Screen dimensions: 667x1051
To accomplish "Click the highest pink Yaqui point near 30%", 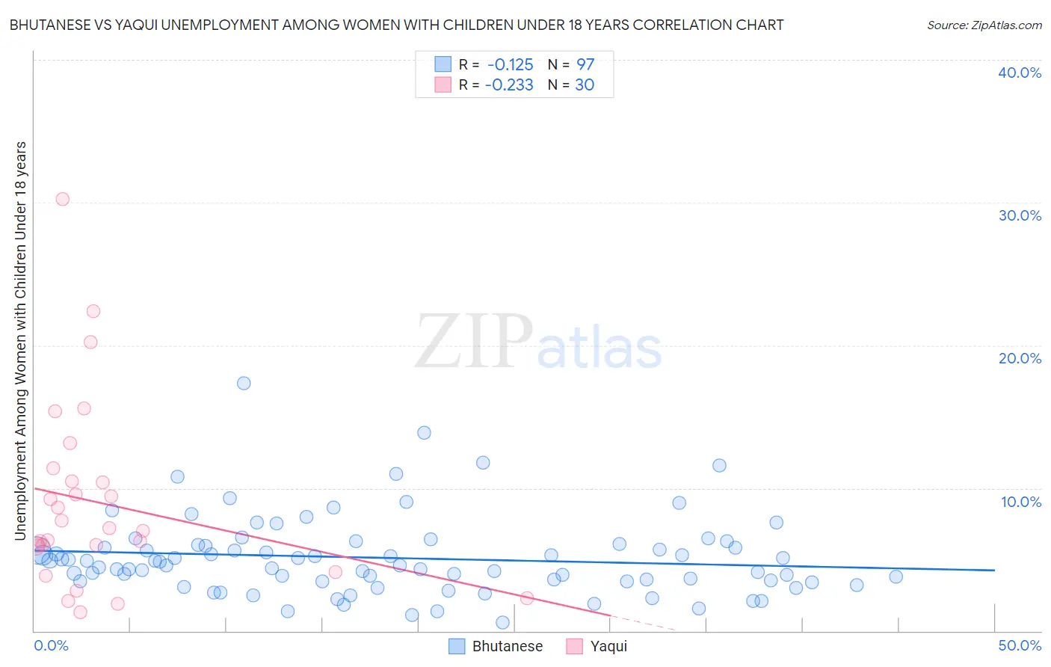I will click(63, 199).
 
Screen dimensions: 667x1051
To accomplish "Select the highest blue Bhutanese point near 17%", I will click(244, 383).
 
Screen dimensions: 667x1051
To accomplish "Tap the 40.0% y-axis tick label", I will click(1020, 73).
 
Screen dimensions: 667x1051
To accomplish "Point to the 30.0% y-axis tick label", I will click(1020, 215).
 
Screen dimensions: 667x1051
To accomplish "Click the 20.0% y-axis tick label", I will click(1020, 358).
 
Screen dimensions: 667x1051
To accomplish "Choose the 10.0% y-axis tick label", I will click(1021, 502).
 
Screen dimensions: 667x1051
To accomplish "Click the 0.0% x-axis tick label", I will click(51, 645).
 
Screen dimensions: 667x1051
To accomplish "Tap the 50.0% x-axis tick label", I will click(1020, 645).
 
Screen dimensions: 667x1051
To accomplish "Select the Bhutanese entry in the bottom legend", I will click(507, 646).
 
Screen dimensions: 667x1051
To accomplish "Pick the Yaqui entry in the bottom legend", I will click(608, 646).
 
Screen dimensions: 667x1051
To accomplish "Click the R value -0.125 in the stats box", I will click(510, 65).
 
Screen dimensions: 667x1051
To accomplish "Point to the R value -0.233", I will click(509, 85).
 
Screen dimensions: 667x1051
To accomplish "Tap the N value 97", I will click(585, 65).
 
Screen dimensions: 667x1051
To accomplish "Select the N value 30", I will click(585, 85).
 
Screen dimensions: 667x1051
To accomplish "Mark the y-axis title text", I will click(20, 340).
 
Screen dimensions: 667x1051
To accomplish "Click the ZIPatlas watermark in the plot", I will click(538, 342).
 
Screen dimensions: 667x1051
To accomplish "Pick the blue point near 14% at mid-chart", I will click(424, 432).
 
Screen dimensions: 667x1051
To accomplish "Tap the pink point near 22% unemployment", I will click(93, 311).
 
